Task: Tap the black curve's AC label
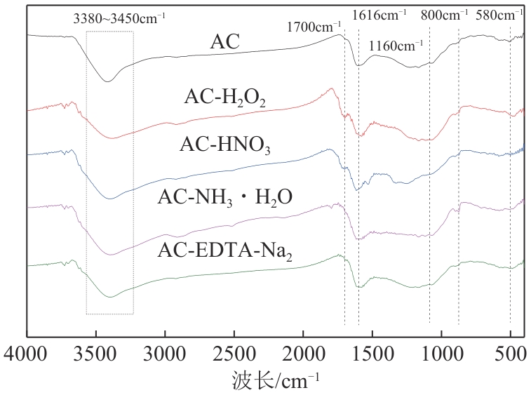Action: click(x=225, y=43)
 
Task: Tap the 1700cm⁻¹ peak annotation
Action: click(x=314, y=27)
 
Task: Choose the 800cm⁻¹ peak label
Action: click(x=444, y=13)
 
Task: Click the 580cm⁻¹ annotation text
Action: click(x=499, y=13)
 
